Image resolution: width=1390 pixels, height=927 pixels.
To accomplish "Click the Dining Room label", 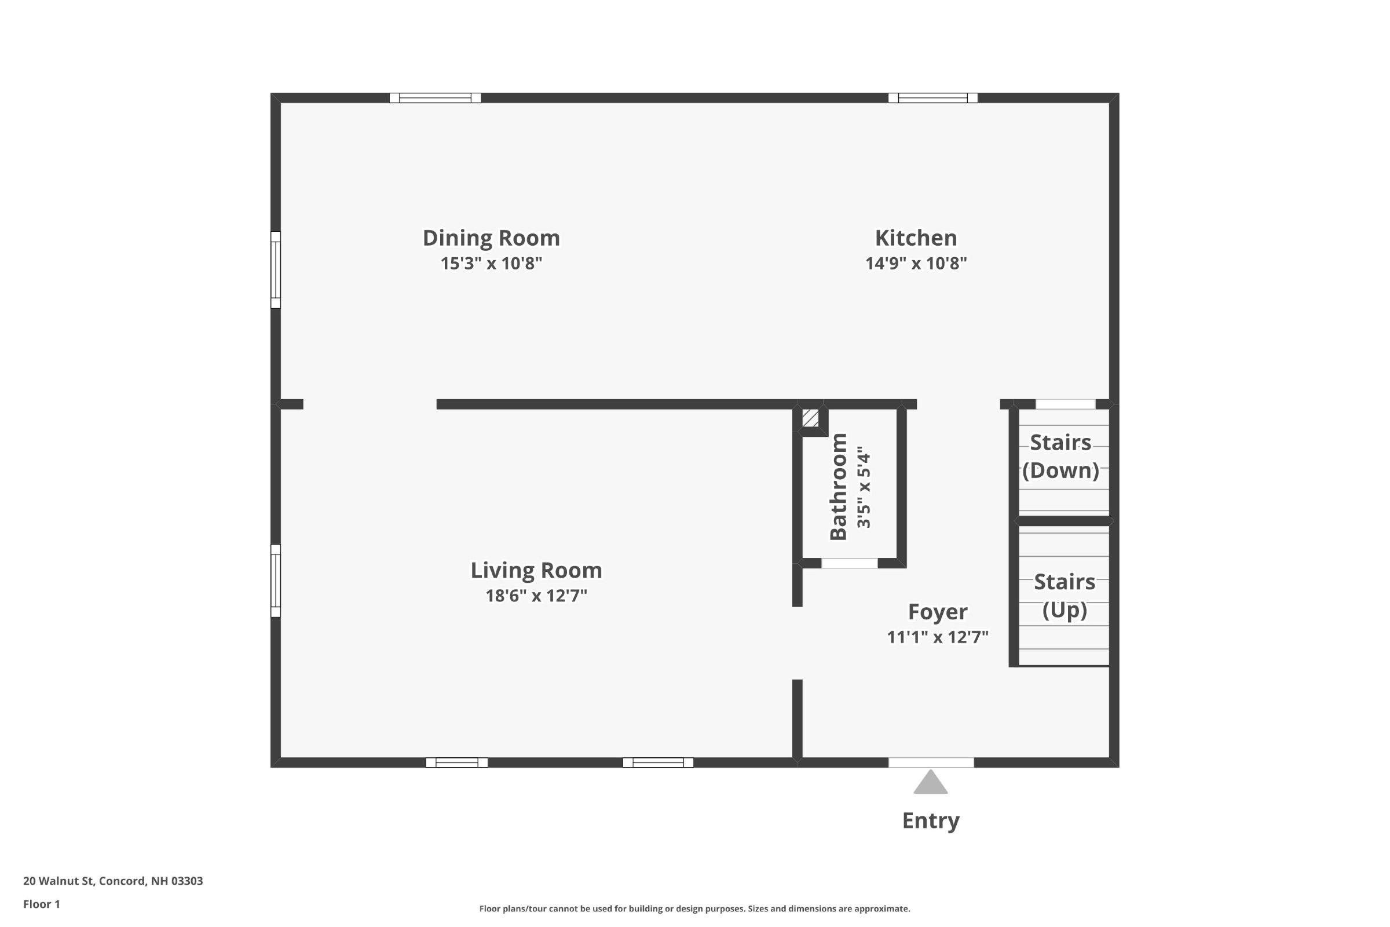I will tap(491, 238).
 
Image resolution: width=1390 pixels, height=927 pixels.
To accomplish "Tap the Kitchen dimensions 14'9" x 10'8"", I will tap(916, 264).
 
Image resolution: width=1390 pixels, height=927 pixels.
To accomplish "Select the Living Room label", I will tap(536, 571).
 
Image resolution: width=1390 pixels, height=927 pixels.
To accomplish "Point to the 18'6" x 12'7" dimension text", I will tap(536, 596).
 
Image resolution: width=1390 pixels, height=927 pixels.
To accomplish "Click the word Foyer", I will tap(937, 612).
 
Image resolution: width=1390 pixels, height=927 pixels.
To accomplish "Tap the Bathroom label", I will tap(839, 487).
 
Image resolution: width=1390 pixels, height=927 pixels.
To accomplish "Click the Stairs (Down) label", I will tap(1060, 457).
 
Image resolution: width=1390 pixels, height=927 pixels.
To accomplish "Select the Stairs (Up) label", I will tap(1064, 596).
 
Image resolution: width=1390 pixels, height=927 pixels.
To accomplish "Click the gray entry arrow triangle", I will tap(930, 783).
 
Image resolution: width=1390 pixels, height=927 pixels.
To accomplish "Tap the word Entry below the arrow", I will tap(930, 820).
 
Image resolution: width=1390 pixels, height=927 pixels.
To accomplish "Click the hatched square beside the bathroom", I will tap(810, 418).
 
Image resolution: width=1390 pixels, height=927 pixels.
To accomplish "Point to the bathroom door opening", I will tap(849, 563).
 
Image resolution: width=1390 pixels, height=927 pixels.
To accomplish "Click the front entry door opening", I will tap(931, 762).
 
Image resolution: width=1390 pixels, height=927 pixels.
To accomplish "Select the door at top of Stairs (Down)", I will tap(1065, 404).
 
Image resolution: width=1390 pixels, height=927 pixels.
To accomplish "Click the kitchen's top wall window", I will tap(932, 98).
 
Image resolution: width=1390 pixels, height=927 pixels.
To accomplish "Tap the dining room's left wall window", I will tap(276, 269).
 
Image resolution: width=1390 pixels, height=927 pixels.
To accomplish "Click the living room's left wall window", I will tap(276, 581).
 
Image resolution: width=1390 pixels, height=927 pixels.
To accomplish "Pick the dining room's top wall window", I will tap(435, 98).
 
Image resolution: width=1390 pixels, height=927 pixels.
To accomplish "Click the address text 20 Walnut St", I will tap(113, 881).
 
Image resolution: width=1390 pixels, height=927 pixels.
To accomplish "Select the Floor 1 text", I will tap(41, 904).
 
